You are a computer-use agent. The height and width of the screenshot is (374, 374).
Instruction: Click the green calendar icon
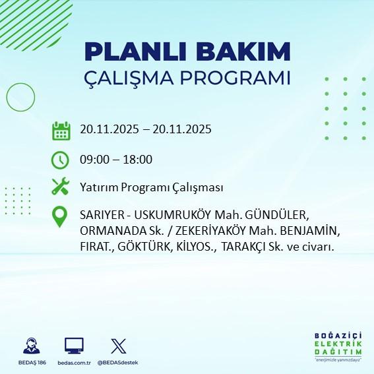[x=61, y=131]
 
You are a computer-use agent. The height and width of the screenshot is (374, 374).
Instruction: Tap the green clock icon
[x=61, y=159]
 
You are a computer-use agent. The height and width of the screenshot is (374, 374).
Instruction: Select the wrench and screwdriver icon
[x=61, y=187]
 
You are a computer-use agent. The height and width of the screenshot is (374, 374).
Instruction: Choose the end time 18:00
[x=138, y=159]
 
